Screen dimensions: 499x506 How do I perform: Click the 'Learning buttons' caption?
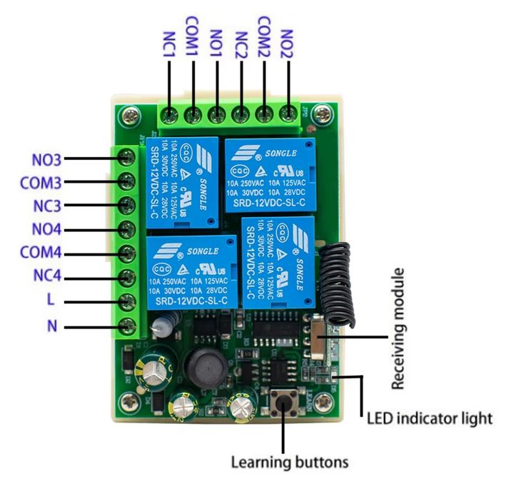tap(290, 462)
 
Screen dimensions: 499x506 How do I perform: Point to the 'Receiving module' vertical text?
tap(398, 329)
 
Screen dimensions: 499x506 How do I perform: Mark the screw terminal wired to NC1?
tap(169, 114)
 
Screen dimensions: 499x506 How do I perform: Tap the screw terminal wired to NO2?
tap(288, 114)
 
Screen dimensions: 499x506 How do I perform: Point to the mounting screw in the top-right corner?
tap(325, 112)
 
